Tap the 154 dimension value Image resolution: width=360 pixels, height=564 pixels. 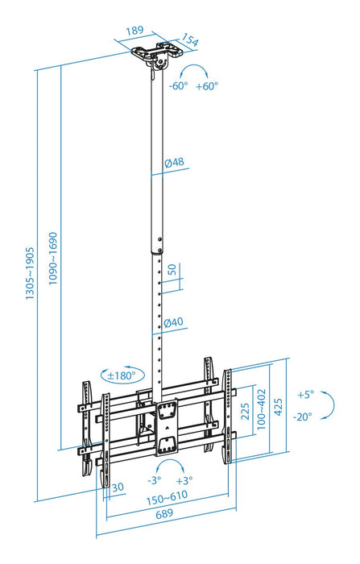point(190,40)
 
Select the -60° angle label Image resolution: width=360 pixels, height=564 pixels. point(178,85)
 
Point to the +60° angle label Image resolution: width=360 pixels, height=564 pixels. point(206,85)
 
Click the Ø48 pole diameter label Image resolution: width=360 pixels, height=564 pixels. point(174,163)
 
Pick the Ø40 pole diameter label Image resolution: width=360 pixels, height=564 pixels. point(174,323)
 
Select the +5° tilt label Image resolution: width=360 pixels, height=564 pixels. point(304,395)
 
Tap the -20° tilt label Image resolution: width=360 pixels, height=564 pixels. point(304,417)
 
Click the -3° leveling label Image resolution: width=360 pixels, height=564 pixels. point(153,481)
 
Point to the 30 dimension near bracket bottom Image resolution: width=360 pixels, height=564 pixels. point(118,487)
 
